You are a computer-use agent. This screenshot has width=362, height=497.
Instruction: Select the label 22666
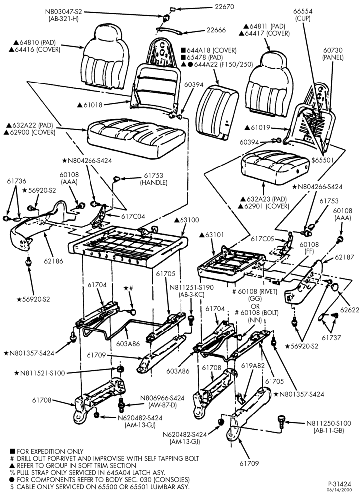coord(216,30)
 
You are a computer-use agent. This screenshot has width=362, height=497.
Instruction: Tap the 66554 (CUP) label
coord(303,15)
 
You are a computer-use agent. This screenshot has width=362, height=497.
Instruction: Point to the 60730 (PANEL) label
coord(333,54)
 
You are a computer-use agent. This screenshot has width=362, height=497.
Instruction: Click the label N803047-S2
coord(63,12)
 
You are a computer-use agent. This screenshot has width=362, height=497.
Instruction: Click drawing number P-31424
coord(340,484)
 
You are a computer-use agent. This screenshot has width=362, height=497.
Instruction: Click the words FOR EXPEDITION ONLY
coord(50,451)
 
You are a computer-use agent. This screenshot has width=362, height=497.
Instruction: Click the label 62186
coord(53,261)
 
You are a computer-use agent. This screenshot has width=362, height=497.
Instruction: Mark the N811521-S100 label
coord(42,373)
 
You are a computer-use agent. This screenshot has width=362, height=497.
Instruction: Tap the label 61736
coord(17,181)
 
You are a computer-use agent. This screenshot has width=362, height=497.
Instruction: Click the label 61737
coord(331,338)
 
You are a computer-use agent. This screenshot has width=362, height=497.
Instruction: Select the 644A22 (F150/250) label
coord(216,64)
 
